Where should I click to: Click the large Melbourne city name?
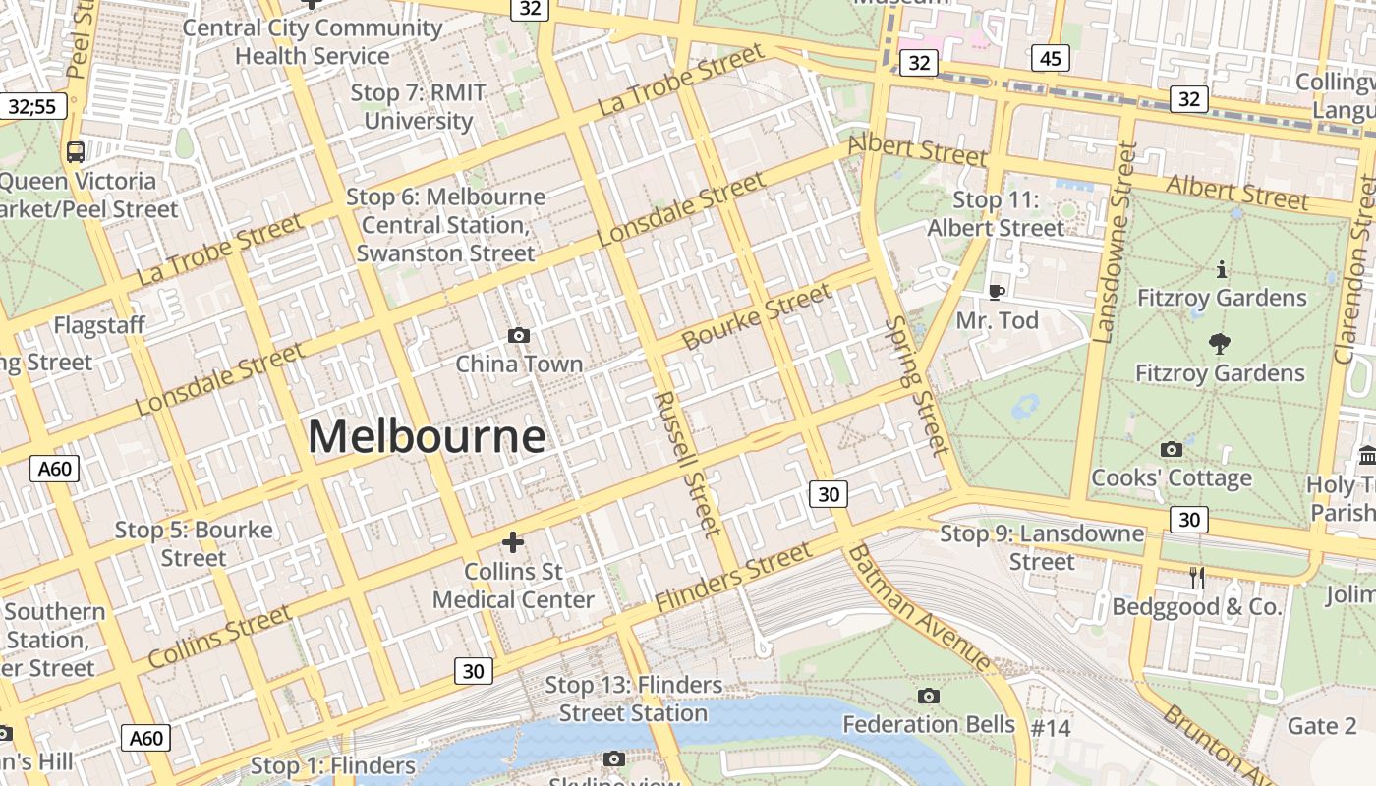click(x=427, y=436)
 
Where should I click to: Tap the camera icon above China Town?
click(x=519, y=336)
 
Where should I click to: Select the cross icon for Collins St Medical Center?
click(x=512, y=542)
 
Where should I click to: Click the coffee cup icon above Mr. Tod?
click(x=996, y=292)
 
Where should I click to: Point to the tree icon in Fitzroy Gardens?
click(x=1220, y=344)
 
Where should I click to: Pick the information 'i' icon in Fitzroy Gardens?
click(x=1221, y=268)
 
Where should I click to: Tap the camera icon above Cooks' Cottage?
click(x=1171, y=450)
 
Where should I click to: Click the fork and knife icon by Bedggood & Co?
click(x=1196, y=578)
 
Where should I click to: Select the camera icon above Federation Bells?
click(x=928, y=697)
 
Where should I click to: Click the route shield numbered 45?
click(x=1050, y=59)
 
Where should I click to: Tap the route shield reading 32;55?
click(x=32, y=106)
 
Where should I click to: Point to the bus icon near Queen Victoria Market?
click(x=76, y=152)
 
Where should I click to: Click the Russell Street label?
click(x=687, y=464)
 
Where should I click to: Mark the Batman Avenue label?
click(x=919, y=608)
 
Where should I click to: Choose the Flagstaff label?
click(x=99, y=325)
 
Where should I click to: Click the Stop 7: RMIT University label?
click(x=419, y=107)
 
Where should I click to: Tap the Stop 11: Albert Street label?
click(x=996, y=214)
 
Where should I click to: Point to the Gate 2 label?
click(x=1321, y=726)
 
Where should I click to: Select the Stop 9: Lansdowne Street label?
click(x=1042, y=547)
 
